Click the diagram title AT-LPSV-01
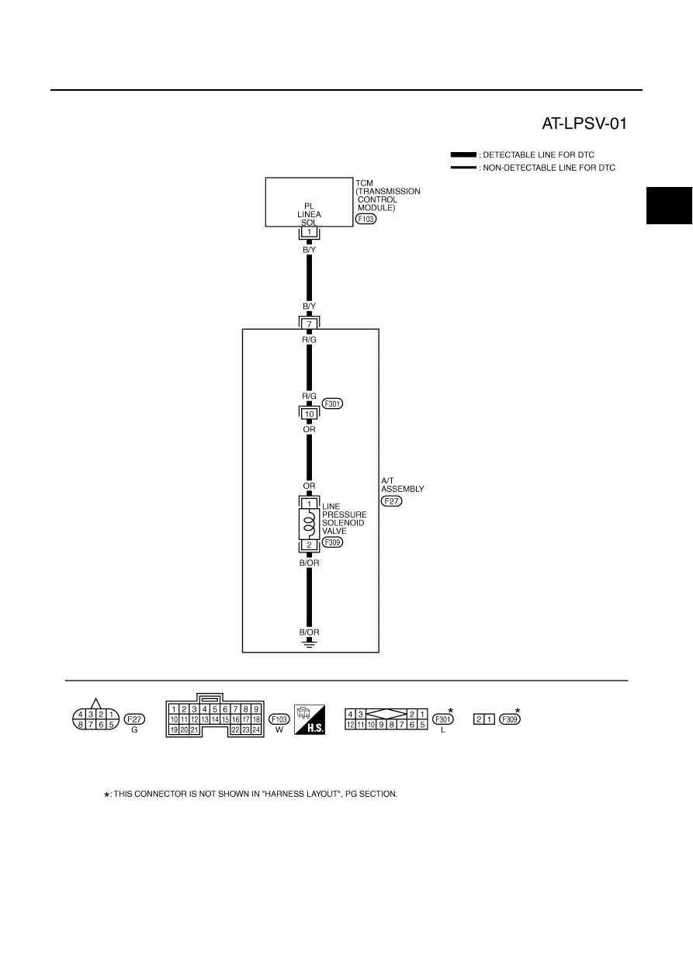(584, 124)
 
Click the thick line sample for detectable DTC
(463, 155)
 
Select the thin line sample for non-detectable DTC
(463, 168)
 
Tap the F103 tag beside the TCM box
(366, 219)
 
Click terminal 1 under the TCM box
(310, 232)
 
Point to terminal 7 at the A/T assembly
(310, 324)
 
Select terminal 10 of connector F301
(310, 414)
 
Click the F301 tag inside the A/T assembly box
(332, 403)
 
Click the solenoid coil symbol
(310, 523)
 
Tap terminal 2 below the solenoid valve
(310, 545)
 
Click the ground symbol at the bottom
(310, 643)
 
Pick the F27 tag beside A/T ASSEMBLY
(392, 501)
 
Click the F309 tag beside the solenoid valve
(332, 542)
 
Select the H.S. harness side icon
(310, 720)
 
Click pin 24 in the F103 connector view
(256, 729)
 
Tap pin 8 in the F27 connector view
(80, 725)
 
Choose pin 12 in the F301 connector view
(351, 725)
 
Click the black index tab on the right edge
(670, 206)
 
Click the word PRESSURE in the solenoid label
(345, 514)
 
